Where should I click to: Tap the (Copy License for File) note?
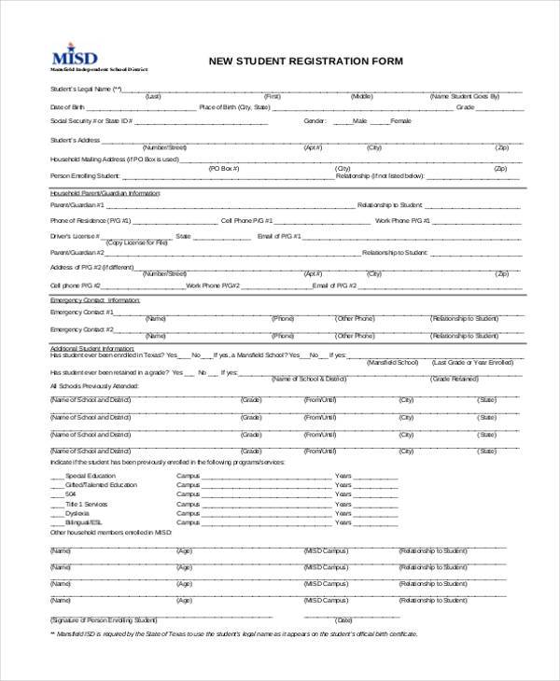point(137,243)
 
